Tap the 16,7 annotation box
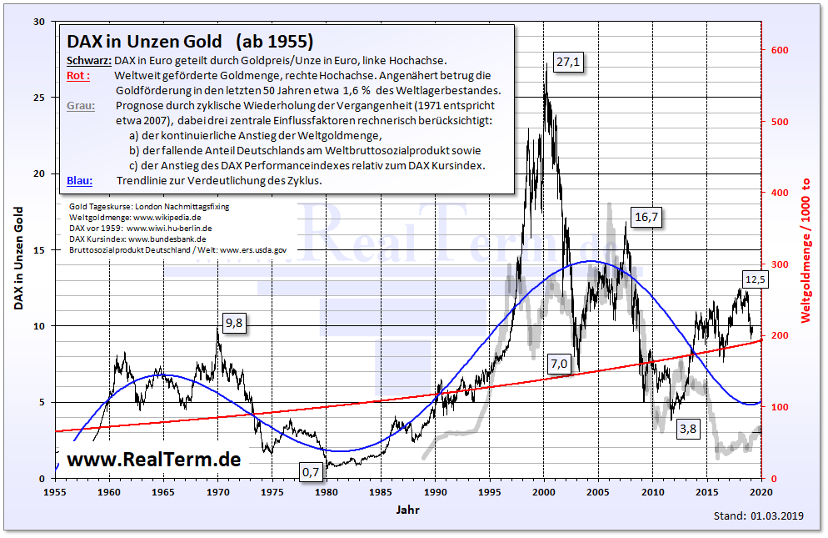point(646,218)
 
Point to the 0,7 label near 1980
point(311,472)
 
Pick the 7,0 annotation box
point(558,363)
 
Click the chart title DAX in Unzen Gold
point(144,42)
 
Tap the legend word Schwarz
point(87,61)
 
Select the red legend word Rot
point(74,76)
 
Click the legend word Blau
point(78,180)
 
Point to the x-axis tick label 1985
point(381,491)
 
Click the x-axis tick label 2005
point(598,491)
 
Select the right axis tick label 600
point(780,51)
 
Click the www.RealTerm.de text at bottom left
point(153,459)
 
